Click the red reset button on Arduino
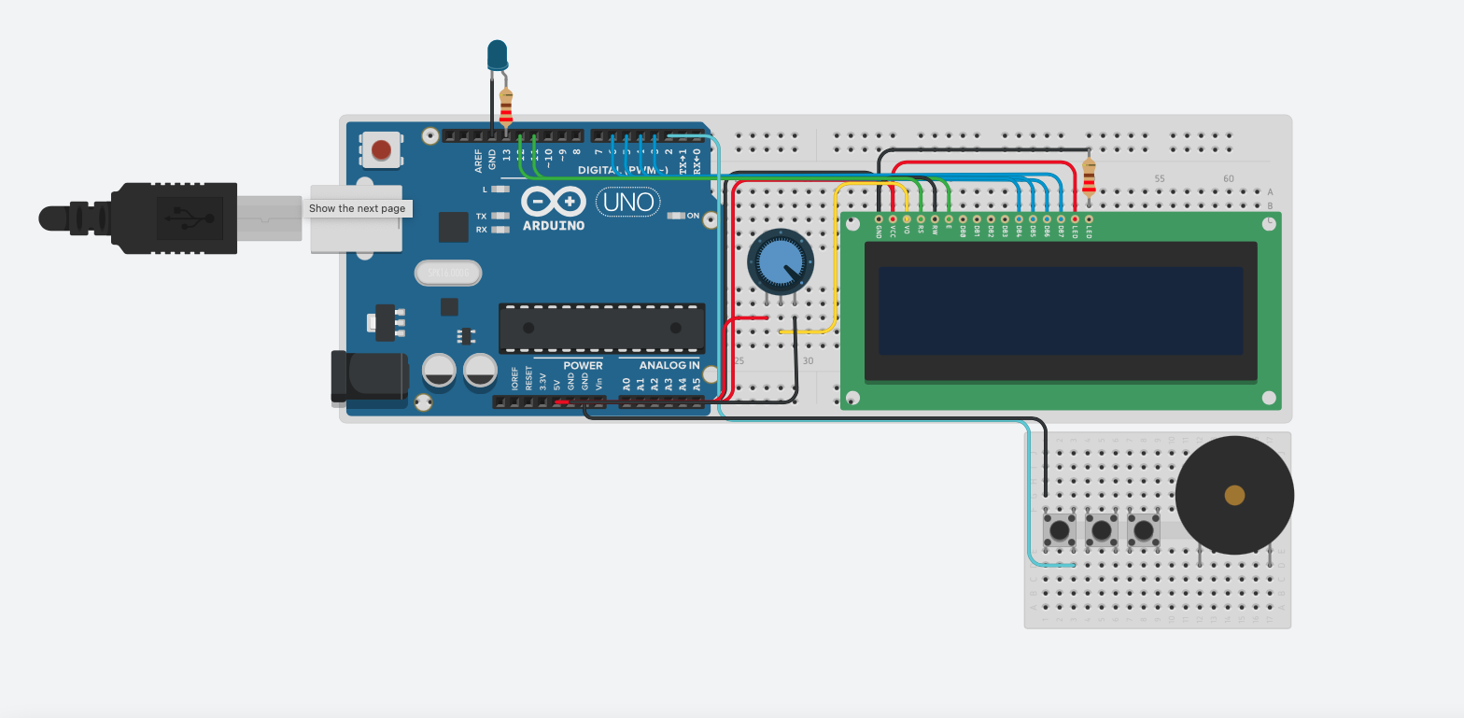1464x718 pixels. click(381, 149)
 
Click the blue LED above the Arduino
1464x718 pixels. click(497, 54)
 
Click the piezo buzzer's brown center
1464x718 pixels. click(1234, 495)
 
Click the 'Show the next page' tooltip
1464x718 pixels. click(357, 208)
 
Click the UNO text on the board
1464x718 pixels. click(627, 202)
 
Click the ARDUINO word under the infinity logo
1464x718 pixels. click(554, 225)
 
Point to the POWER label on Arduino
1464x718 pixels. click(583, 365)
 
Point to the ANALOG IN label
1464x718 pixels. click(669, 365)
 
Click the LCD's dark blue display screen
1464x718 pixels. click(1060, 310)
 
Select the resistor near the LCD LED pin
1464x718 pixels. click(1089, 177)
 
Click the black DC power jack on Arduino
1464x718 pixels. click(370, 376)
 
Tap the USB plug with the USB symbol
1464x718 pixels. click(177, 218)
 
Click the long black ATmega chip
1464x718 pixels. click(601, 328)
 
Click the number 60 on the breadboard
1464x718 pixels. click(1228, 178)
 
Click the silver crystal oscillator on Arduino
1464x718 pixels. click(448, 273)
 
